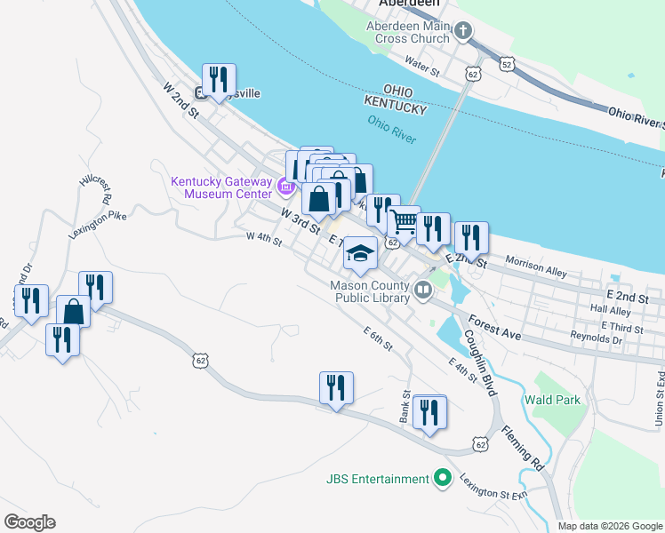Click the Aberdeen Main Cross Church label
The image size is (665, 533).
pos(407,33)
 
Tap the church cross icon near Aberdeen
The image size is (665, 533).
pos(462,33)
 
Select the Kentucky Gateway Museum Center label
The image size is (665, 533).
pos(221,187)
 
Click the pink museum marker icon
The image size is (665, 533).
pos(285,187)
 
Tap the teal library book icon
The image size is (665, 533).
pos(423,287)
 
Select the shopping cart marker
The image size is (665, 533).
pos(404,223)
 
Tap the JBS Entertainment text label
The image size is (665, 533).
pos(377,480)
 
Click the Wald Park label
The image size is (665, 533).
pos(552,400)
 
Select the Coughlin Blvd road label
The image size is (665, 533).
pos(479,364)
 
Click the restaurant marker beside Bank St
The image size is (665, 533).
pos(429,413)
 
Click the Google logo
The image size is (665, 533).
pos(29,522)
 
